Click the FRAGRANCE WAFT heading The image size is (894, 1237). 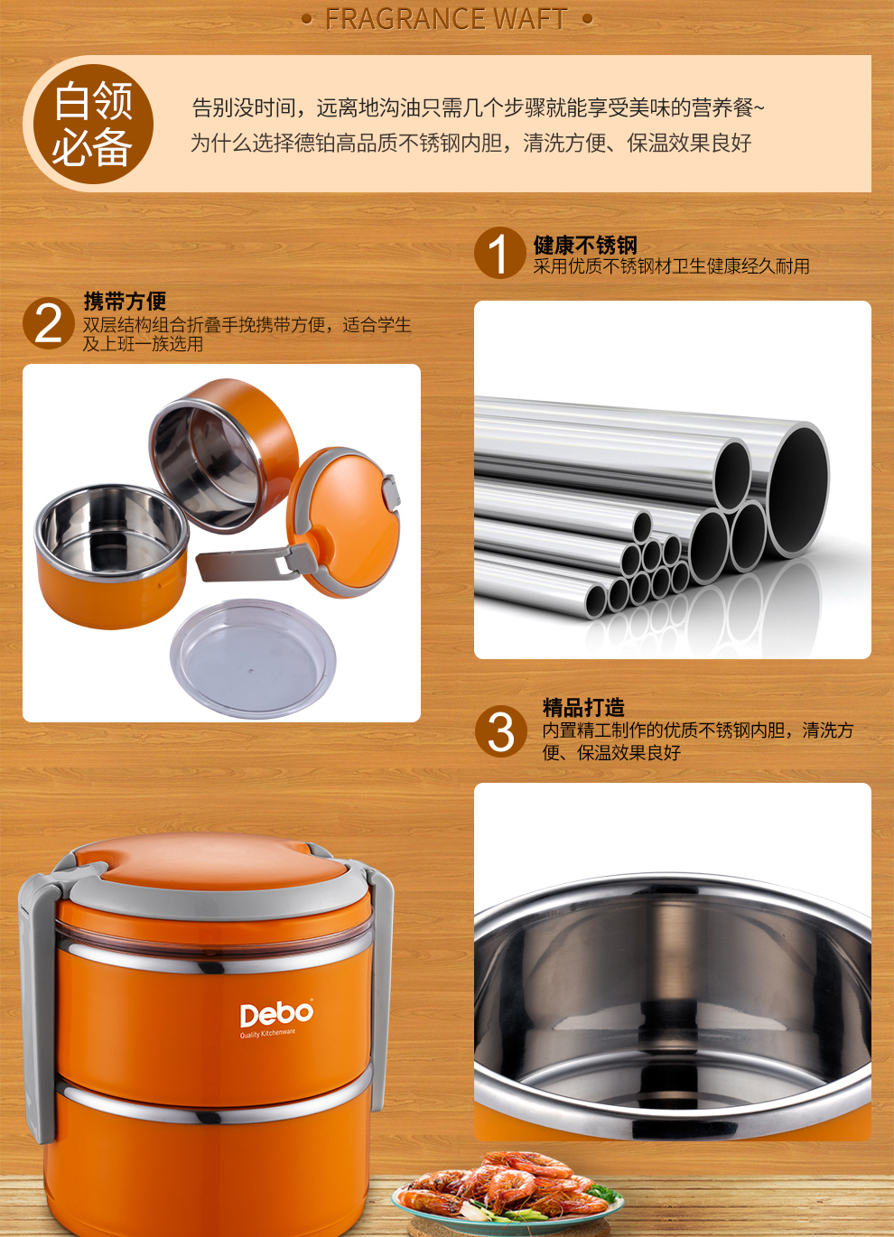click(446, 19)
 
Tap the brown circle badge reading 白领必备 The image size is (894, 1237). click(93, 124)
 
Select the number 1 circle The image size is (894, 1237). click(499, 253)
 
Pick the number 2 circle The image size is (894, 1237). click(49, 323)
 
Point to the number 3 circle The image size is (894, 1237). click(501, 731)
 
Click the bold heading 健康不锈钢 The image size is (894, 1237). click(585, 245)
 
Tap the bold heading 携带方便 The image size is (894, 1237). click(125, 301)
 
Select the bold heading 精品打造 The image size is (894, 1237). click(583, 707)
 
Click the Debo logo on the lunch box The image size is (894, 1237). click(276, 1014)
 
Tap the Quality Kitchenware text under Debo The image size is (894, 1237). click(267, 1033)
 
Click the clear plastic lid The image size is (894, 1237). click(253, 658)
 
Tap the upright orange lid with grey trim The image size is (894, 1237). click(343, 522)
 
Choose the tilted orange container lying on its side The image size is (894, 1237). click(224, 456)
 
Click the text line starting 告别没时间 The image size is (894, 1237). click(479, 107)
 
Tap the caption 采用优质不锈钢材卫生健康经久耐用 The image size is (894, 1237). click(672, 266)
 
